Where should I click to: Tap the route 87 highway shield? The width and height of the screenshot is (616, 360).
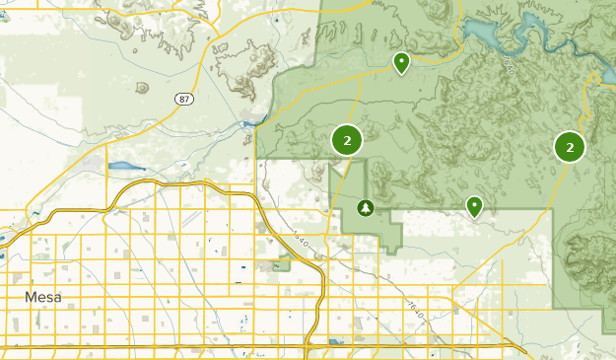click(184, 99)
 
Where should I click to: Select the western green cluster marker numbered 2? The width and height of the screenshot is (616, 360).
click(347, 140)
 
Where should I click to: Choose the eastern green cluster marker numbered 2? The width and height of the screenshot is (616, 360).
click(570, 147)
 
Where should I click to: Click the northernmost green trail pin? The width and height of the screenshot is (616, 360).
click(401, 63)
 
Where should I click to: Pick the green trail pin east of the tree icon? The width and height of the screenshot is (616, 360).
click(474, 205)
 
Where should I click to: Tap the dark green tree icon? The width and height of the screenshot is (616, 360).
click(366, 208)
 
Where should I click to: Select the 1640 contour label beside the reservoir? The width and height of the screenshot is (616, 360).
click(508, 66)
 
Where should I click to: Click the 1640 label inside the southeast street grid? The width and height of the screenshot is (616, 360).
click(418, 315)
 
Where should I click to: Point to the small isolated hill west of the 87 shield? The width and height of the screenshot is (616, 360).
click(142, 87)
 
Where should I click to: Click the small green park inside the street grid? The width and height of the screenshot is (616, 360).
click(284, 263)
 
